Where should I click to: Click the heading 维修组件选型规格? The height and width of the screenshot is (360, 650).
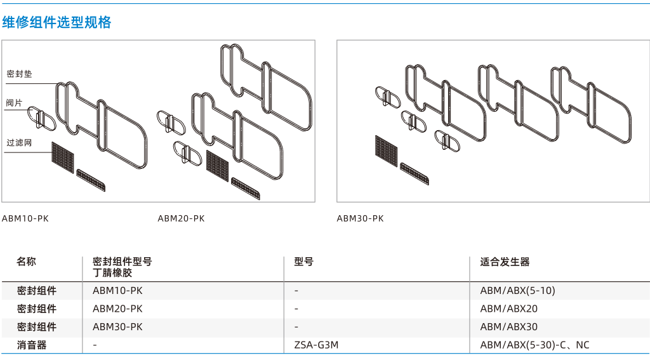(x=56, y=22)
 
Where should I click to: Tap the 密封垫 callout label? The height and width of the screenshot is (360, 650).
(x=19, y=74)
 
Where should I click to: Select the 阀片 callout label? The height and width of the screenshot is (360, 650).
(x=14, y=103)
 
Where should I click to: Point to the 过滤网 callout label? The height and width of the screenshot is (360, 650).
(x=19, y=143)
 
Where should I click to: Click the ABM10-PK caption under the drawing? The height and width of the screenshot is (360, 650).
(x=25, y=218)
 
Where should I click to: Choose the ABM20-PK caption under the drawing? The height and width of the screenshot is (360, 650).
(x=181, y=218)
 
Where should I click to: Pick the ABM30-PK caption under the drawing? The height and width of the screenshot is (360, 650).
(x=361, y=218)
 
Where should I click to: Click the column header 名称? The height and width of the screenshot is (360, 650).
(x=26, y=262)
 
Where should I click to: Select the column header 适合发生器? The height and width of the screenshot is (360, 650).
(x=505, y=262)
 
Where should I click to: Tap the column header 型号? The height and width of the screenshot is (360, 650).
(x=304, y=262)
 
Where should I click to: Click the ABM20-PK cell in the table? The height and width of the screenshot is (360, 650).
(x=117, y=309)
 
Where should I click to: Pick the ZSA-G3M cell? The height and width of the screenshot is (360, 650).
(x=316, y=345)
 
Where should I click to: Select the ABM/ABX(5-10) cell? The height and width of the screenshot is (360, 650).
(x=517, y=291)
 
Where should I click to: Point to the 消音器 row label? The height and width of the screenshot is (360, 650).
(x=32, y=345)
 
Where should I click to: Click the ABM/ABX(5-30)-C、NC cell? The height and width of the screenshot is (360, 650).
(x=534, y=345)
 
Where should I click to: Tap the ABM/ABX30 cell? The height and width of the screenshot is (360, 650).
(x=508, y=327)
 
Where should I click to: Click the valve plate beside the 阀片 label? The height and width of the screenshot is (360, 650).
(x=41, y=118)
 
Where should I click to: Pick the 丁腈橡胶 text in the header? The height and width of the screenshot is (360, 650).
(x=112, y=272)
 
